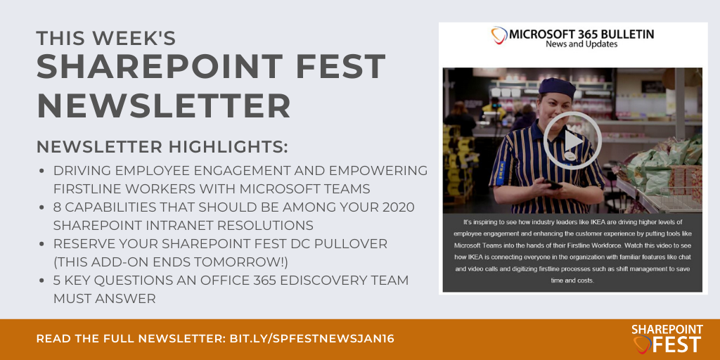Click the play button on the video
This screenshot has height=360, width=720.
click(x=572, y=141)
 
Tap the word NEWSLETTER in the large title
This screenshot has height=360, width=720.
click(x=164, y=105)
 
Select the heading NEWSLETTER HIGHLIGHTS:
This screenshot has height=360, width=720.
click(x=162, y=147)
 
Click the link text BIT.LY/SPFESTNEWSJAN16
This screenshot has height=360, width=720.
click(x=312, y=339)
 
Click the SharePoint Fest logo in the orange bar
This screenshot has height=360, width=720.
click(x=667, y=338)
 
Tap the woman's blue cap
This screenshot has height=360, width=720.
click(x=556, y=87)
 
